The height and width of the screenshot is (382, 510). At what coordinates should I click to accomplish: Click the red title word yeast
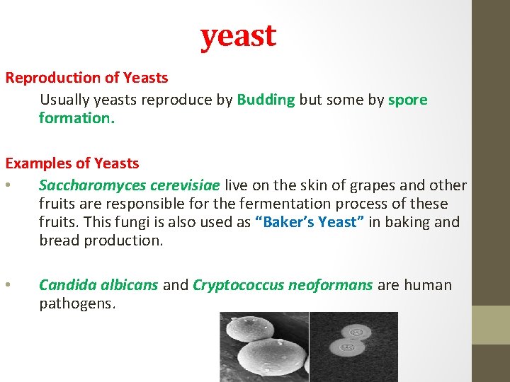pyautogui.click(x=238, y=36)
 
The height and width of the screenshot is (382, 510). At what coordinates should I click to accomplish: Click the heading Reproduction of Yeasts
pyautogui.click(x=86, y=78)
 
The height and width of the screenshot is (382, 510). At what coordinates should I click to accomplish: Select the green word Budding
pyautogui.click(x=266, y=100)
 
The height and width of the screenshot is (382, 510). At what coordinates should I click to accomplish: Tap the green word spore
pyautogui.click(x=408, y=100)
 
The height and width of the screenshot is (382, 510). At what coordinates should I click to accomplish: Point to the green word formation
pyautogui.click(x=76, y=118)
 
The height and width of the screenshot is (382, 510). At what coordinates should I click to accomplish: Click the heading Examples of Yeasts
pyautogui.click(x=72, y=163)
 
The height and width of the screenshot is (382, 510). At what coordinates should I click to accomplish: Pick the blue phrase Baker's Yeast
pyautogui.click(x=310, y=222)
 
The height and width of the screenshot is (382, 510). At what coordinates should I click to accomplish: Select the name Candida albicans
pyautogui.click(x=98, y=285)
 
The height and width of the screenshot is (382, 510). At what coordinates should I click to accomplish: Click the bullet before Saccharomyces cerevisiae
pyautogui.click(x=7, y=186)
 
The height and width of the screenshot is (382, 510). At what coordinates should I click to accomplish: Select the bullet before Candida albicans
pyautogui.click(x=7, y=286)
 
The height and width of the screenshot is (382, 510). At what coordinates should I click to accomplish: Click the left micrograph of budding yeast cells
pyautogui.click(x=263, y=347)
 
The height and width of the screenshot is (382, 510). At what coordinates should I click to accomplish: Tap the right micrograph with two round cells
pyautogui.click(x=353, y=347)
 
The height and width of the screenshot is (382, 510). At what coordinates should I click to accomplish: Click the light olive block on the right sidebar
pyautogui.click(x=491, y=325)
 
